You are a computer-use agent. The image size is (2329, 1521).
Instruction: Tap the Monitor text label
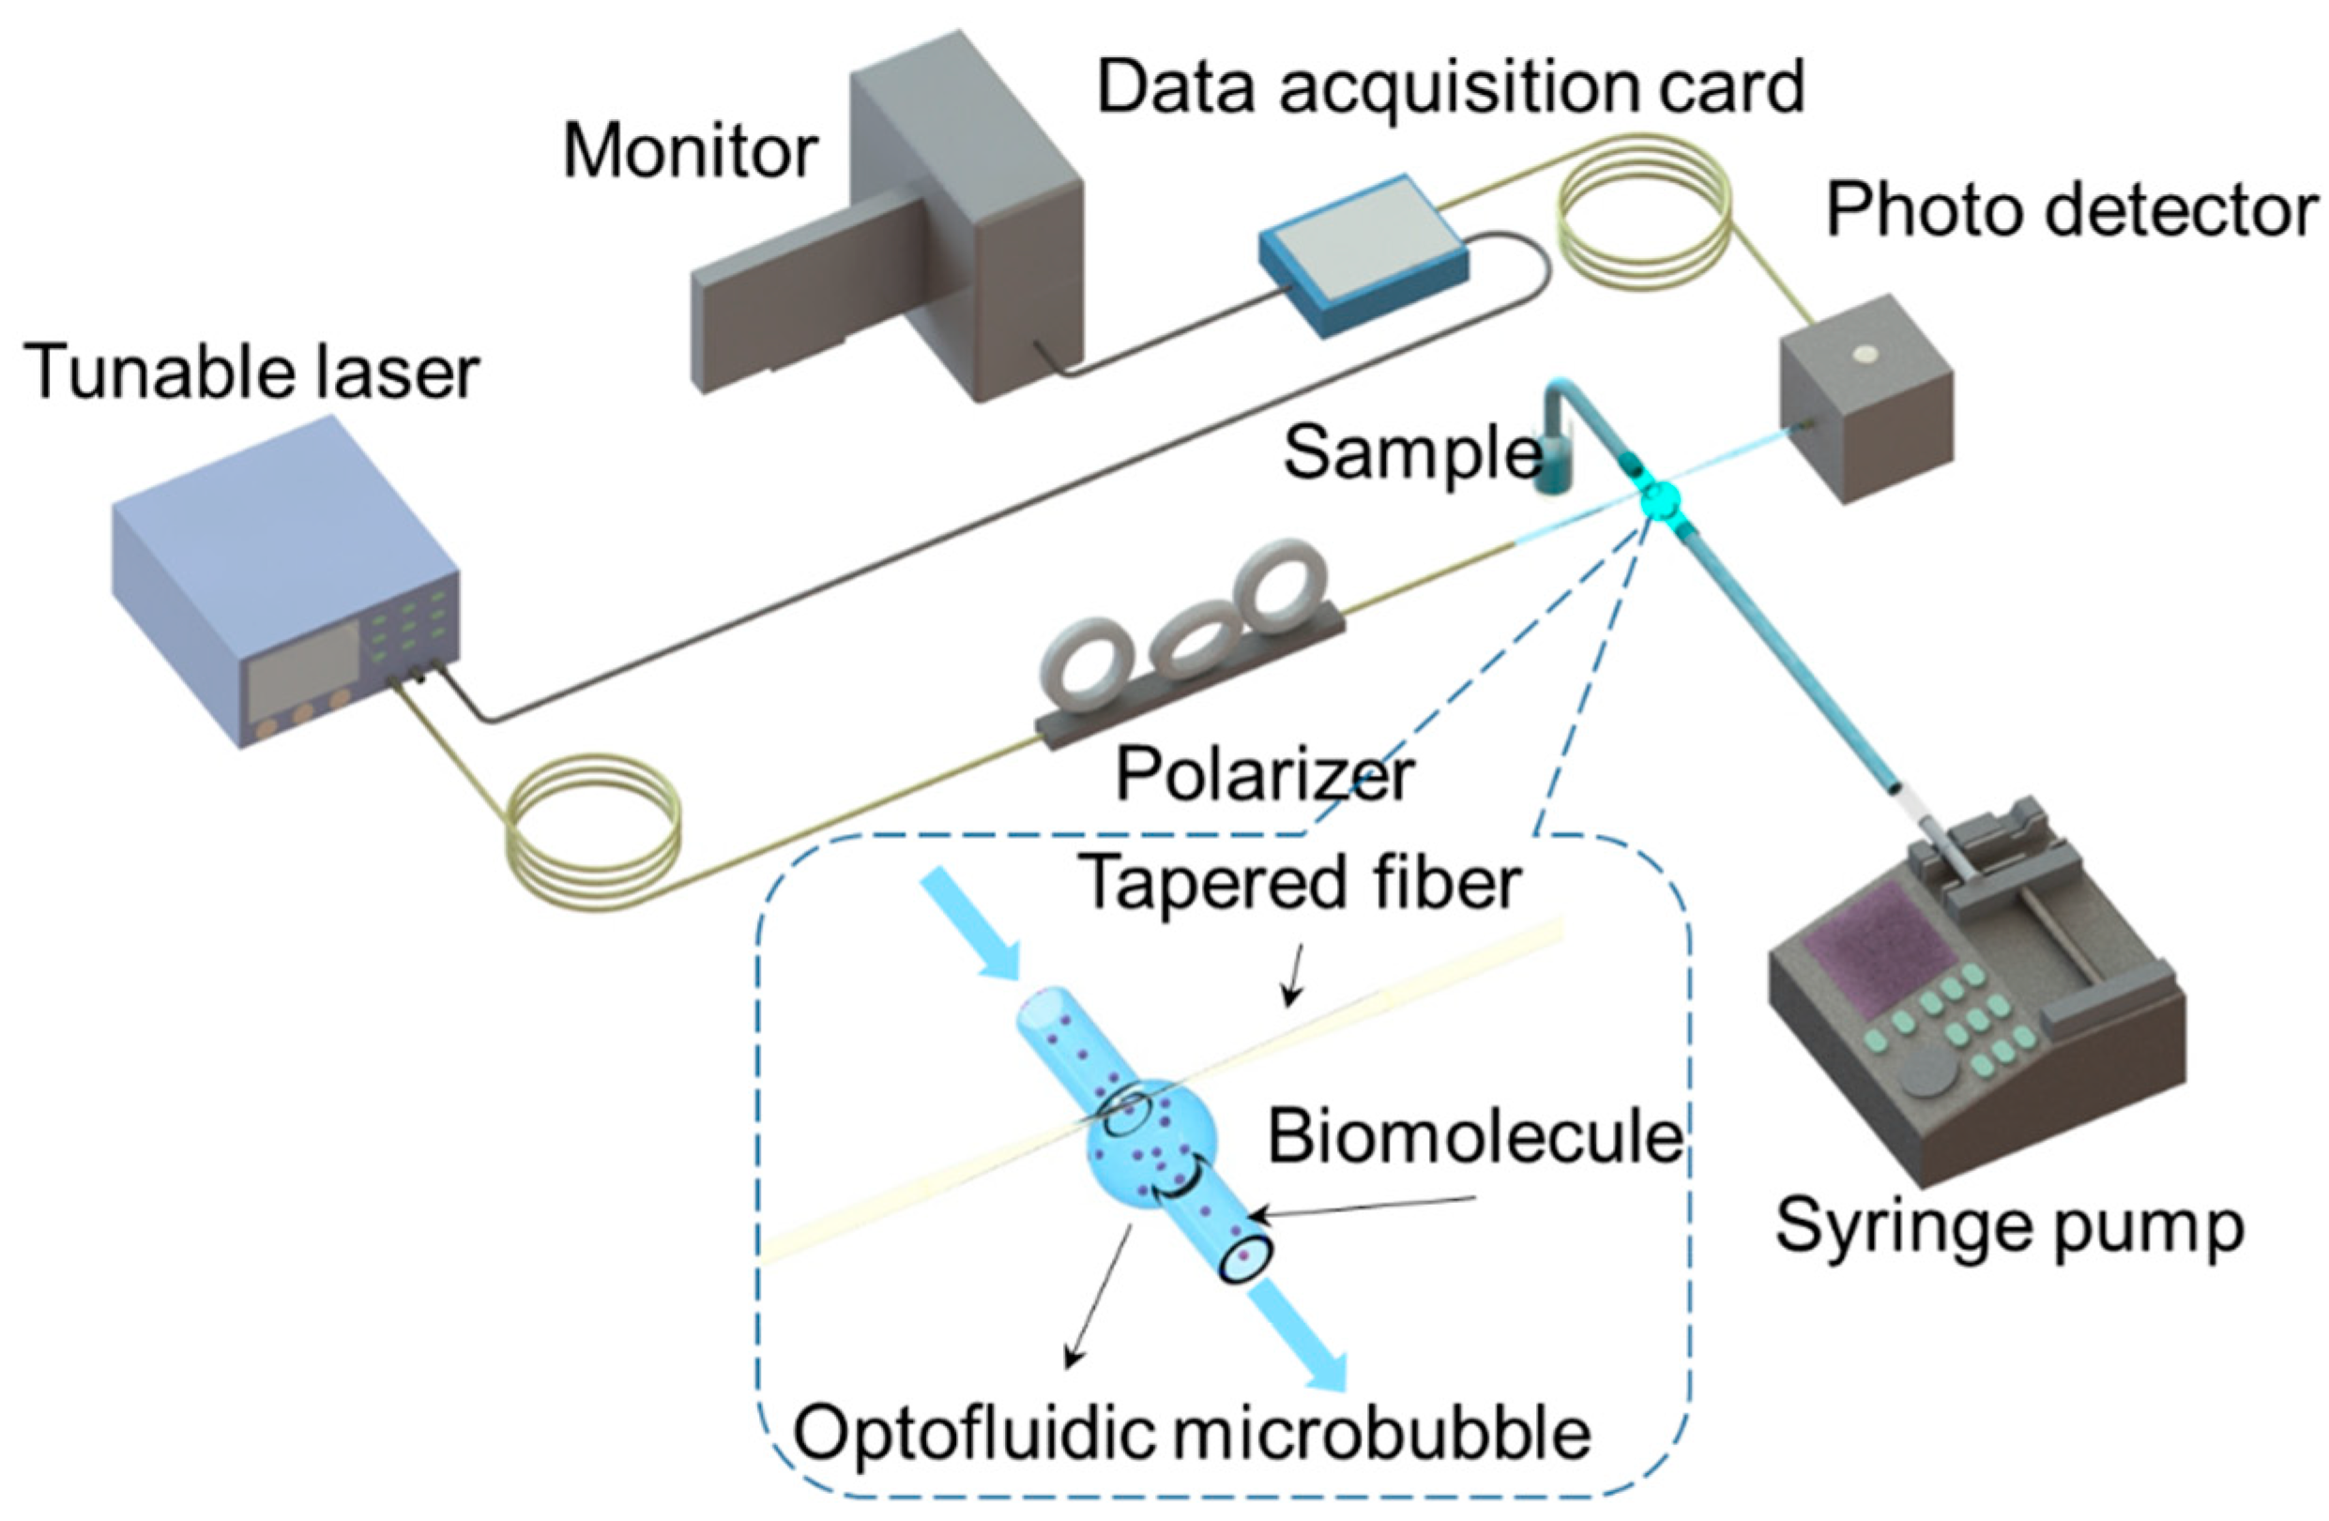pyautogui.click(x=690, y=153)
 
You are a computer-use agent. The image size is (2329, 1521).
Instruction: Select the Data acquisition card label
pyautogui.click(x=1451, y=88)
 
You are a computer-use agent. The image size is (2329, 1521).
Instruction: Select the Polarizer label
pyautogui.click(x=1264, y=776)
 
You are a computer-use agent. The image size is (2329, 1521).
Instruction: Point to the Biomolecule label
pyautogui.click(x=1474, y=1137)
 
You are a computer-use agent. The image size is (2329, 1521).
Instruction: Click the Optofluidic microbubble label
pyautogui.click(x=1191, y=1433)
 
